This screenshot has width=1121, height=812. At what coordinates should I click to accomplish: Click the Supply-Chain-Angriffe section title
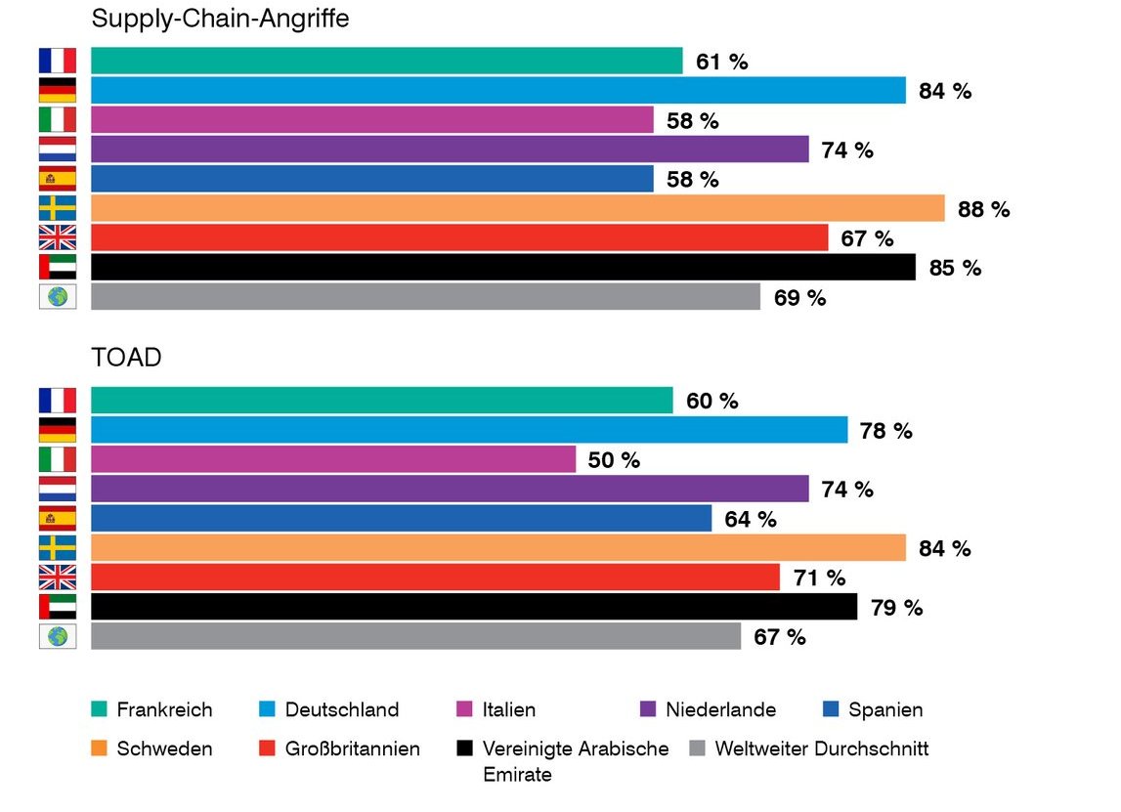(220, 18)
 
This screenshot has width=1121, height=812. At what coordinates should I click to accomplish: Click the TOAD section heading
(126, 358)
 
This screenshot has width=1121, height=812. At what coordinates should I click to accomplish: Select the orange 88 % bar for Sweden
(517, 208)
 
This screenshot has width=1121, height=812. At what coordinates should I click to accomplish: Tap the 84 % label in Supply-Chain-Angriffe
(944, 91)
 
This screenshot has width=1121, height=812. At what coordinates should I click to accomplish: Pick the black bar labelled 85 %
(502, 267)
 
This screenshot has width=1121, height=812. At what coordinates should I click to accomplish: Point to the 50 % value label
(614, 460)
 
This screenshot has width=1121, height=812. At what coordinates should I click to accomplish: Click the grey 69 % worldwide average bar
(425, 296)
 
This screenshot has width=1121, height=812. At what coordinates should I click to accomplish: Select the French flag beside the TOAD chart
(58, 401)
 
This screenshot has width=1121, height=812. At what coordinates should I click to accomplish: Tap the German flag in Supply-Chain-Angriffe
(58, 91)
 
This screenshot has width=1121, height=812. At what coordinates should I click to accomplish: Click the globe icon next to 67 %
(58, 636)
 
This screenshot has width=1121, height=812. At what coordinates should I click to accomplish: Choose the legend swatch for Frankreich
(98, 709)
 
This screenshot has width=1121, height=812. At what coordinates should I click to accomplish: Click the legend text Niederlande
(720, 709)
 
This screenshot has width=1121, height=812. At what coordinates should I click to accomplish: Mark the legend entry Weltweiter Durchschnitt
(821, 749)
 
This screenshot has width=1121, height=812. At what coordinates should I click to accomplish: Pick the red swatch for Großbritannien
(266, 749)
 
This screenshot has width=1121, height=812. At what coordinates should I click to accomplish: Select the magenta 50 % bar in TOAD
(333, 459)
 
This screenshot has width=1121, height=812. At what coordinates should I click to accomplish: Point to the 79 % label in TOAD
(896, 608)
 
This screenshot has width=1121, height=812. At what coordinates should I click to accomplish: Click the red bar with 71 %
(435, 577)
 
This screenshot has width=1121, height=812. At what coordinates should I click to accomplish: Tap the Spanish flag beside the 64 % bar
(58, 519)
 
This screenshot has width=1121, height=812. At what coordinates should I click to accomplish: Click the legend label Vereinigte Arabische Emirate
(575, 761)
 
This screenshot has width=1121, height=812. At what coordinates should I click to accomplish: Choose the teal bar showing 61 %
(386, 61)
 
